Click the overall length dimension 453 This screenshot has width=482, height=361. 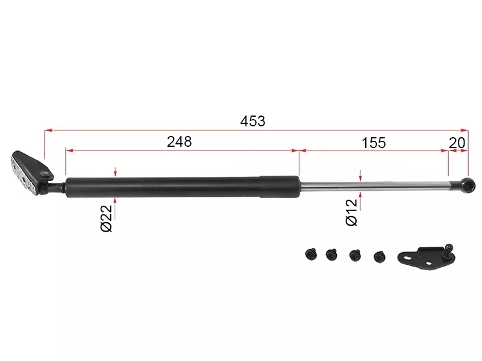pyautogui.click(x=252, y=121)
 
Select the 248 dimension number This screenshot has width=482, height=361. pyautogui.click(x=180, y=142)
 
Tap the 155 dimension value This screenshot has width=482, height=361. pyautogui.click(x=374, y=143)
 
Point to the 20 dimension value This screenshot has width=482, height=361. pyautogui.click(x=457, y=143)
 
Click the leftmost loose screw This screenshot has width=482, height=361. pyautogui.click(x=311, y=255)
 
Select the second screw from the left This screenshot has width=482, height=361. pyautogui.click(x=331, y=255)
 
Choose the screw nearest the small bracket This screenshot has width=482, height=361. pyautogui.click(x=379, y=256)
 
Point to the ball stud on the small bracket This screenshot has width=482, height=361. pyautogui.click(x=448, y=247)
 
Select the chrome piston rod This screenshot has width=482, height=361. pyautogui.click(x=374, y=185)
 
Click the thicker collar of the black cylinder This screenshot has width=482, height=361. pyautogui.click(x=279, y=186)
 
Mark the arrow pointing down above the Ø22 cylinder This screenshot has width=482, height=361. pyautogui.click(x=114, y=173)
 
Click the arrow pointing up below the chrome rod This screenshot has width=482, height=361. pyautogui.click(x=360, y=196)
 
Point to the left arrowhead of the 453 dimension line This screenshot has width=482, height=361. pyautogui.click(x=47, y=129)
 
